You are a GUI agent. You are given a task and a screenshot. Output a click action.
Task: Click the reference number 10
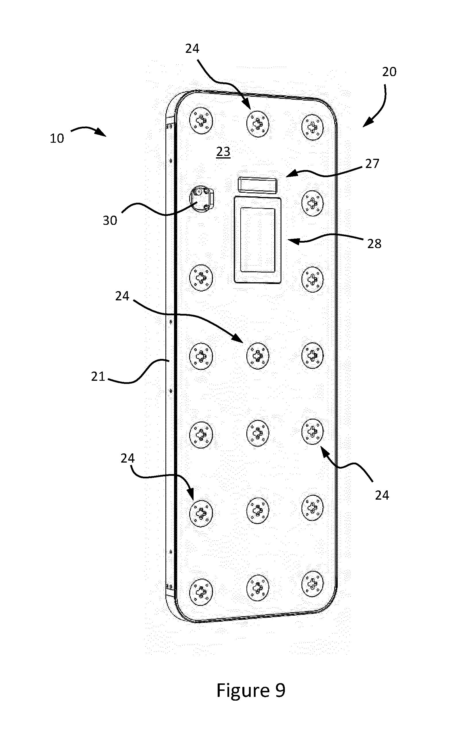57,138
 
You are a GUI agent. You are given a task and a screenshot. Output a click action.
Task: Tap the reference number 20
389,72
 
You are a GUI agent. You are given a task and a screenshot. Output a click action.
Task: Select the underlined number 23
223,151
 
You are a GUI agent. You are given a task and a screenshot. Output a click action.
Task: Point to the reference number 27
372,164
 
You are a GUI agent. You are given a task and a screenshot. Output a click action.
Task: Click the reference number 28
374,244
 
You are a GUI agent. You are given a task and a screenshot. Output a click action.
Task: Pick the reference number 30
110,221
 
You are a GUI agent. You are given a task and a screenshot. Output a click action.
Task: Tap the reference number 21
98,377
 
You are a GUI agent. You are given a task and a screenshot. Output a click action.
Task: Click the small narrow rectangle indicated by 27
257,185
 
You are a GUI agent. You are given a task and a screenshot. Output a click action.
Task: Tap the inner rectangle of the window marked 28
258,240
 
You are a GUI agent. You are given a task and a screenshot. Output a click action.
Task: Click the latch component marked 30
202,199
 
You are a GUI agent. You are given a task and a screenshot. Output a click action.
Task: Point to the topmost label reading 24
192,49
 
